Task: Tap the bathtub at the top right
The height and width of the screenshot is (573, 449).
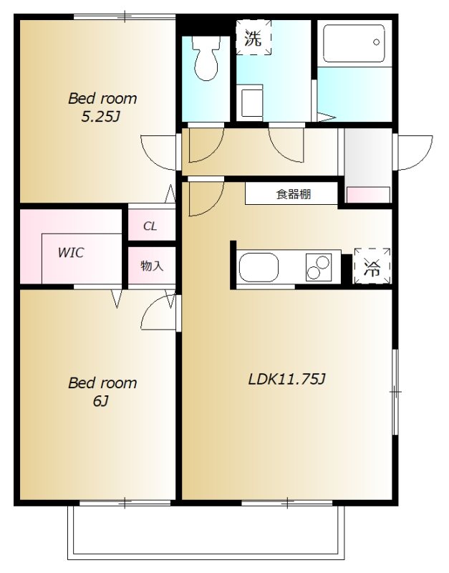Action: [354, 44]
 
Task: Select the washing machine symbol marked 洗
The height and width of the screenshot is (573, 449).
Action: [254, 38]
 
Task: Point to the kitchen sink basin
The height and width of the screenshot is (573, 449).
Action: [258, 269]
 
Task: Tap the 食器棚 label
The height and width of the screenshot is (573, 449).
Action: [294, 194]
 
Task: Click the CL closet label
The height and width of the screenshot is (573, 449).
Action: [150, 226]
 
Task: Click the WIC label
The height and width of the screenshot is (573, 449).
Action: [71, 253]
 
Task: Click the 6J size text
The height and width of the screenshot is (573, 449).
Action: [100, 401]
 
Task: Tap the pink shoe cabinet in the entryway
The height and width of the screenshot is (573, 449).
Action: [368, 194]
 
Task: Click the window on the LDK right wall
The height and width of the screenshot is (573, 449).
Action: [395, 392]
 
